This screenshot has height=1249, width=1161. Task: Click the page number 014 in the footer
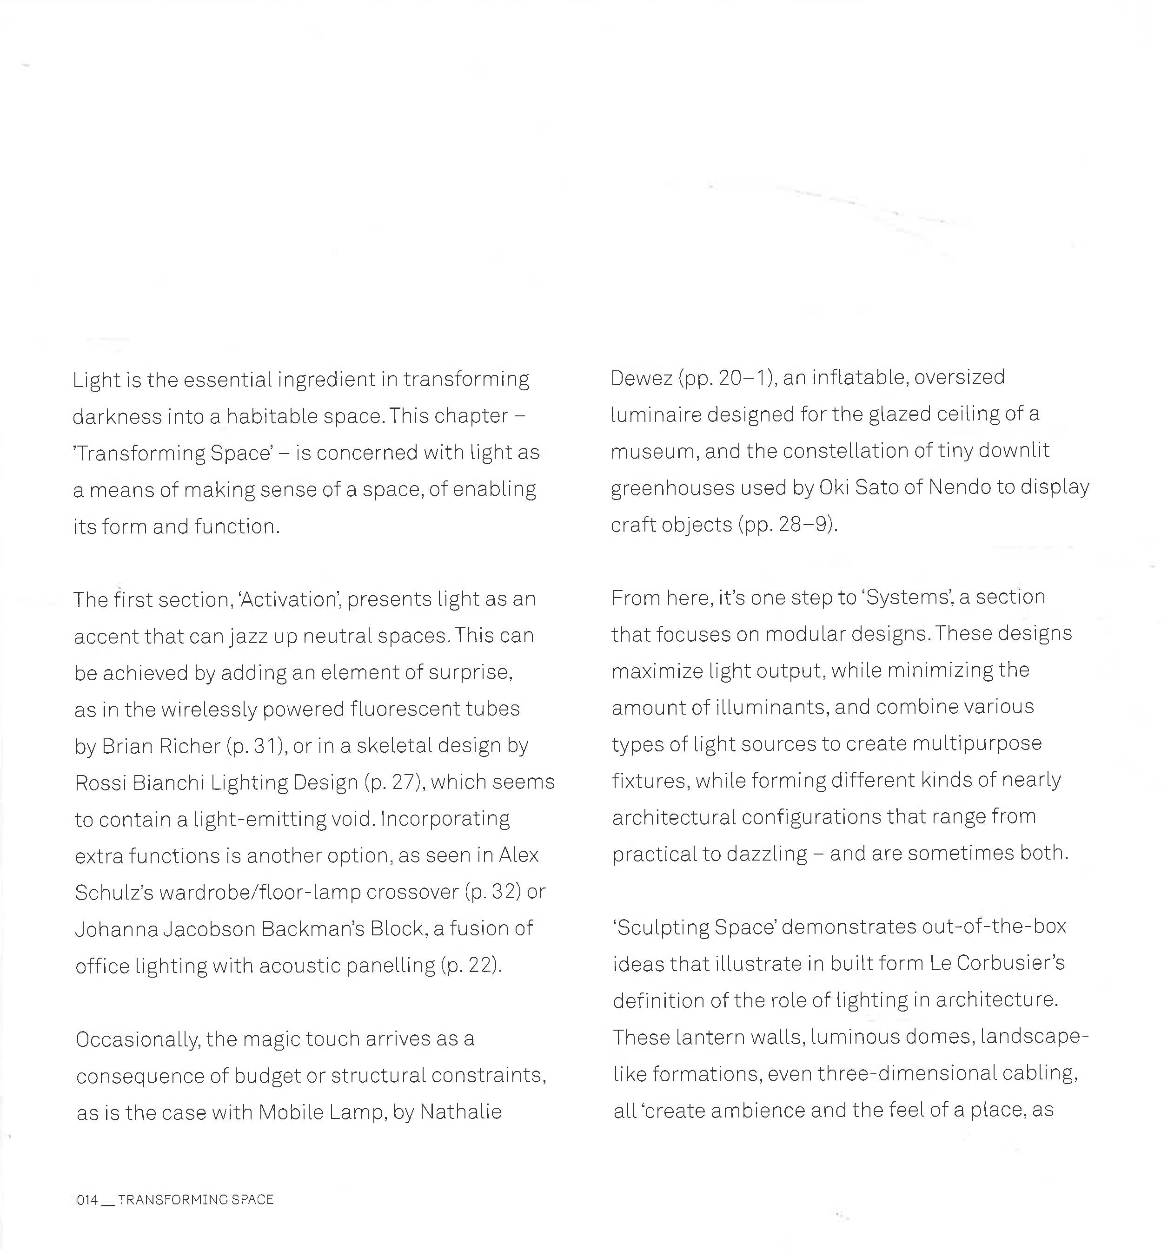pyautogui.click(x=87, y=1199)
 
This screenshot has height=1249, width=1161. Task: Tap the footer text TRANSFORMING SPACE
pyautogui.click(x=195, y=1199)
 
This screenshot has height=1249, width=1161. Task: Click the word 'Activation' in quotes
pyautogui.click(x=290, y=600)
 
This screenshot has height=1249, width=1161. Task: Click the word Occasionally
pyautogui.click(x=137, y=1040)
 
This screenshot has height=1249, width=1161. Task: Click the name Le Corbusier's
pyautogui.click(x=997, y=964)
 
